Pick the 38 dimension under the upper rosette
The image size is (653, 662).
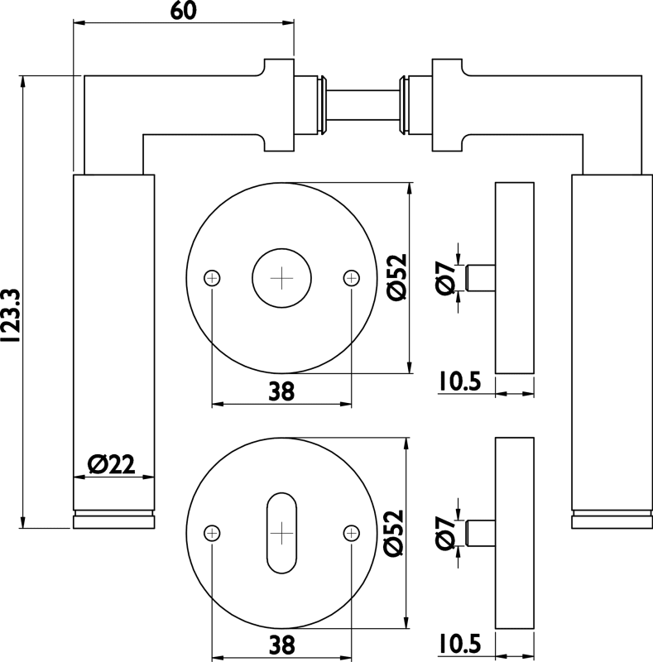(281, 393)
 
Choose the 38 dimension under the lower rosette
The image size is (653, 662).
(281, 643)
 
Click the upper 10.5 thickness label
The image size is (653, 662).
(460, 381)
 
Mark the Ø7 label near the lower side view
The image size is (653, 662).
(445, 531)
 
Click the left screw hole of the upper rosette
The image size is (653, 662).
(214, 277)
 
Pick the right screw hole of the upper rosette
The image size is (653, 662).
(352, 277)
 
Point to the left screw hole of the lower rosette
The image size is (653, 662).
(214, 532)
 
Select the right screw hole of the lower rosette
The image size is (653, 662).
(352, 532)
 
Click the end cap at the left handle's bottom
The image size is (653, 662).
(113, 520)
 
